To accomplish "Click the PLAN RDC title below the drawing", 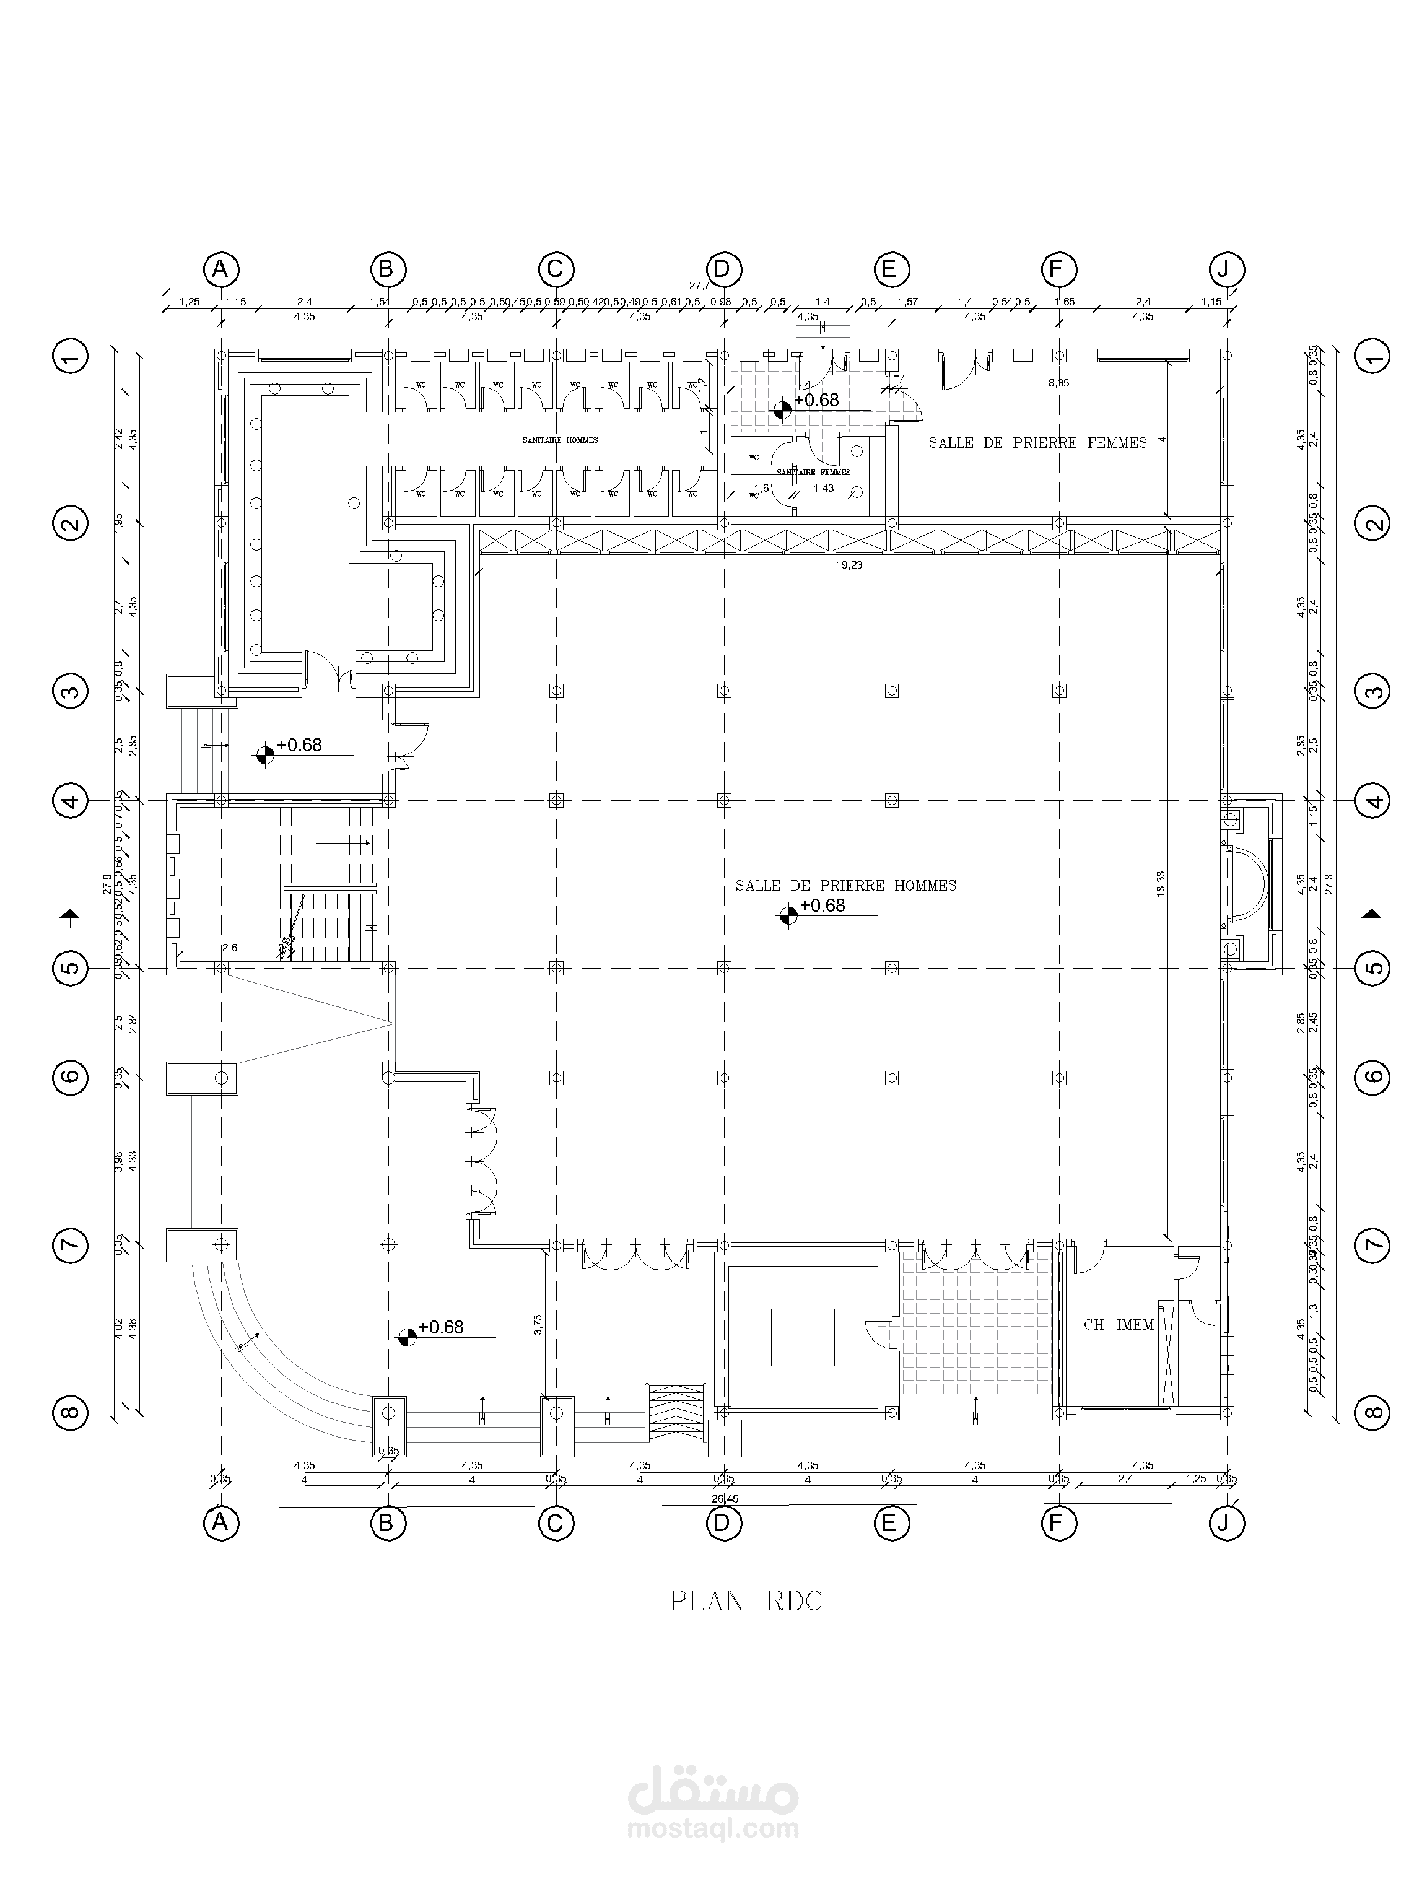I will click(x=745, y=1600).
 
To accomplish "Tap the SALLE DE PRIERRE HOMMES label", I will click(x=845, y=885).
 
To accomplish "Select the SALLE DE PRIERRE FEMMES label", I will click(x=1037, y=442).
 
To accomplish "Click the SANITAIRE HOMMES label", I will click(x=559, y=440).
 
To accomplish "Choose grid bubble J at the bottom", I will click(x=1226, y=1523).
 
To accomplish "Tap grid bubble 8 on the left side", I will click(x=71, y=1413).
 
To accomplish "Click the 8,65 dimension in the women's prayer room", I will click(x=1058, y=383).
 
